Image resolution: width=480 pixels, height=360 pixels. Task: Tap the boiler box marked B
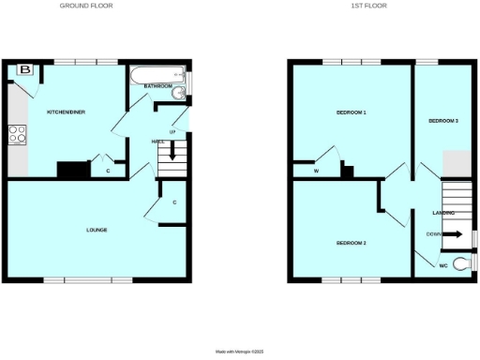[25, 69]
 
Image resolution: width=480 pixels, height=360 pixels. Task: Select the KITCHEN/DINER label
[67, 112]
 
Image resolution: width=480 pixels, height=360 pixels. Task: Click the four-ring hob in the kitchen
[18, 135]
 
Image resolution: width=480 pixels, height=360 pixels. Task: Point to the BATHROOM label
[157, 86]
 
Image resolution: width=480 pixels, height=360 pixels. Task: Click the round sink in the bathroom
[179, 92]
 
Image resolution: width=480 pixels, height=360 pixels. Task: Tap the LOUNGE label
[97, 230]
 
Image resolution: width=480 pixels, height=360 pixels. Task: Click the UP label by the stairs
[172, 131]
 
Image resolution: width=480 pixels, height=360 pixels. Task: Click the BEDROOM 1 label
[351, 112]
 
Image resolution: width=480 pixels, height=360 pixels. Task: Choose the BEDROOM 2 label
[351, 244]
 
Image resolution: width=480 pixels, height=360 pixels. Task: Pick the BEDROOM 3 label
[442, 121]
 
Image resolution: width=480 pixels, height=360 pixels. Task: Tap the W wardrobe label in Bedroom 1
[316, 171]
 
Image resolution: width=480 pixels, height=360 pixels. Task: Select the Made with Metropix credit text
[239, 351]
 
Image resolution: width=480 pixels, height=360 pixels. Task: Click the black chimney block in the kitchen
[71, 169]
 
